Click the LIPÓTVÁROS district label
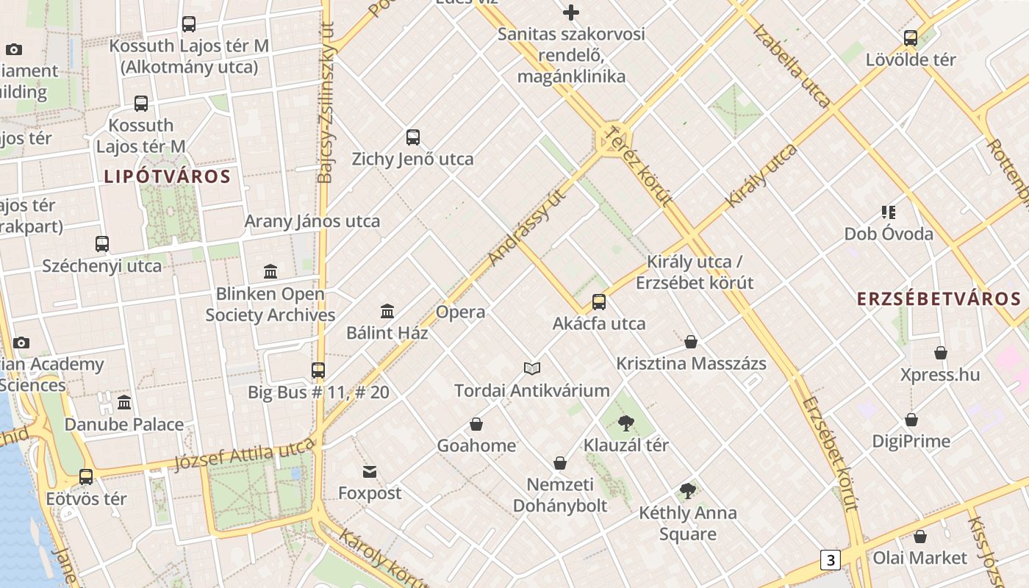168,176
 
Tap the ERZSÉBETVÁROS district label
939,298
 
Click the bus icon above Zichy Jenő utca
413,137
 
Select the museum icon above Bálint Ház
387,311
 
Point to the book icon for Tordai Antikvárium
532,368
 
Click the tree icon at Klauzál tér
626,423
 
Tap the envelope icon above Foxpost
370,471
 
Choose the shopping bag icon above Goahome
476,424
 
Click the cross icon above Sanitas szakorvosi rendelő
571,12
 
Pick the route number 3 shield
831,560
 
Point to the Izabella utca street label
791,66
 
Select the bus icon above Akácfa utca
599,302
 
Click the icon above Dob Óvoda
888,212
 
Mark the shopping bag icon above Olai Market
919,537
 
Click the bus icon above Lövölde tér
911,38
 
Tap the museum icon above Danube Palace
124,403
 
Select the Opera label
460,312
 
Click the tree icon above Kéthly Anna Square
688,490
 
